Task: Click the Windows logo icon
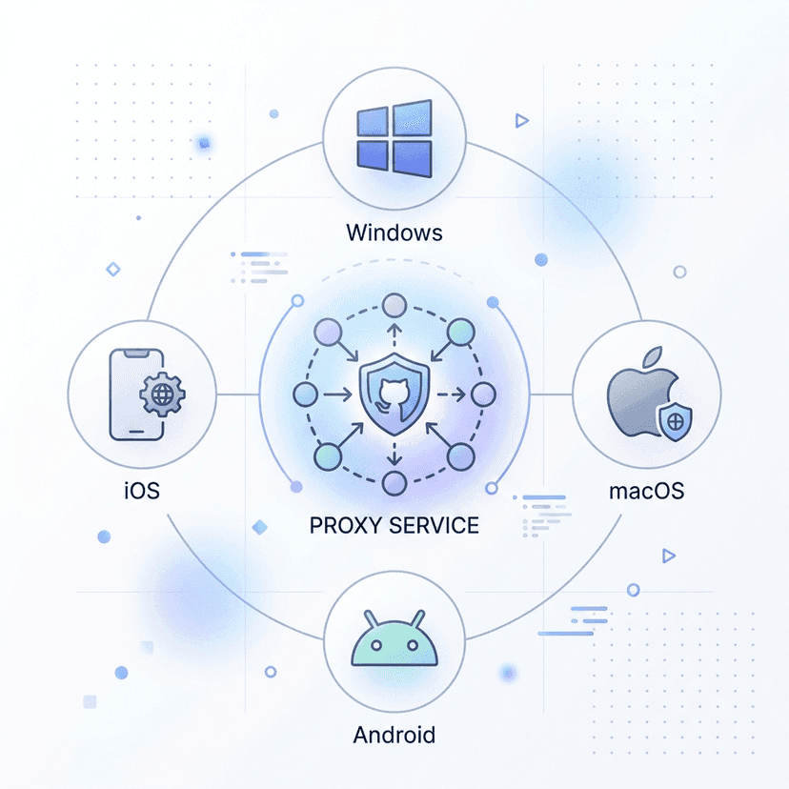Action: (394, 138)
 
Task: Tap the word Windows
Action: (394, 233)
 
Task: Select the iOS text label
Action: (142, 491)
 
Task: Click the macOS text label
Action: (647, 491)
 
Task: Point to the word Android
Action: (394, 735)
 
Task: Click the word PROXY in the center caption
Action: (345, 525)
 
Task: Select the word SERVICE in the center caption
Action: (434, 525)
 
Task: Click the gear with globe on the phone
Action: (162, 394)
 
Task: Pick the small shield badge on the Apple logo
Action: (676, 422)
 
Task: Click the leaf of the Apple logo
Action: (652, 356)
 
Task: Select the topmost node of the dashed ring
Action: (394, 306)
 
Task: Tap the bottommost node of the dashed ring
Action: (394, 483)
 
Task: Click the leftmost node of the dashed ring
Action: (306, 394)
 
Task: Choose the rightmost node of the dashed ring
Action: (483, 394)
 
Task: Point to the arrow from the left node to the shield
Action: (337, 394)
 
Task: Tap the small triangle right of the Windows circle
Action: (522, 121)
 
